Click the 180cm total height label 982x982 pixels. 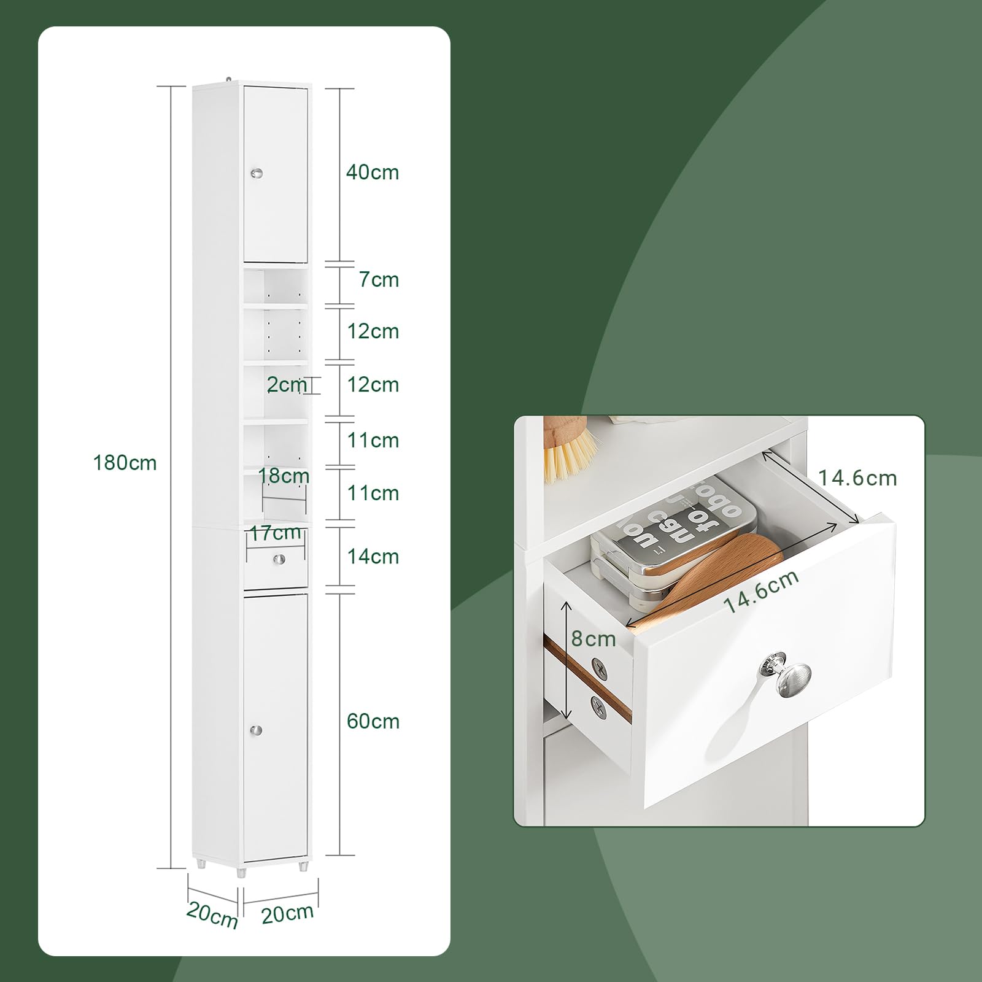point(125,463)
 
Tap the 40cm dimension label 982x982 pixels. point(373,172)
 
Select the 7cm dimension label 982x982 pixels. point(379,280)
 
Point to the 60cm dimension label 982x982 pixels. point(373,721)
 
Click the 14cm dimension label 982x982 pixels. point(373,557)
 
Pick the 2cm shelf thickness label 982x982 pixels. point(287,385)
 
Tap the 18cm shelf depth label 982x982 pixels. point(284,476)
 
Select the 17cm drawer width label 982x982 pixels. point(275,533)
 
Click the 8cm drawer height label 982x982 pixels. point(593,639)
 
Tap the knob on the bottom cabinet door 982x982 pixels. point(256,730)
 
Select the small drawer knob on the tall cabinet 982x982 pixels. point(279,559)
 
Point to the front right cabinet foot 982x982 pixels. point(303,866)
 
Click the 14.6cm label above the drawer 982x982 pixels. point(858,478)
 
